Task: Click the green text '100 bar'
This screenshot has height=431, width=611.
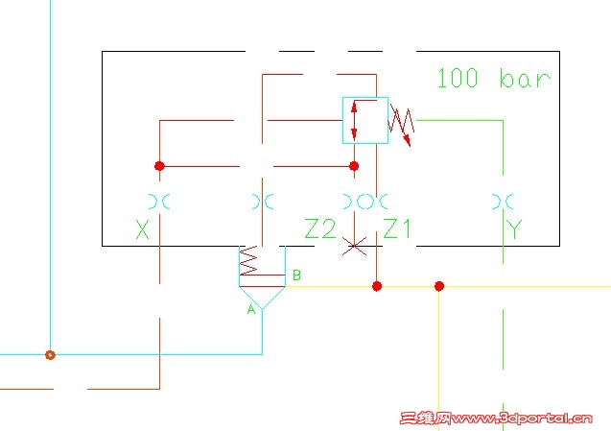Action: (494, 78)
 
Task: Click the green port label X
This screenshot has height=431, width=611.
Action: (144, 229)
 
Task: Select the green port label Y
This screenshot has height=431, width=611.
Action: (515, 229)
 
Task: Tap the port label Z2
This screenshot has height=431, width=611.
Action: (320, 229)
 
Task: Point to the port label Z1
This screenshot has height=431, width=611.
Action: (397, 229)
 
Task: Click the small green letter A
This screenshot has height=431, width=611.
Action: (252, 309)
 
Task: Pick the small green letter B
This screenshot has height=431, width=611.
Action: (296, 275)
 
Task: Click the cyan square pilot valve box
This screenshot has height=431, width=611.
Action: (365, 120)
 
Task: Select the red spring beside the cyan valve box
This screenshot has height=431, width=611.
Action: (402, 122)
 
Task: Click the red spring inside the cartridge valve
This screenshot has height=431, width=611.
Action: (249, 262)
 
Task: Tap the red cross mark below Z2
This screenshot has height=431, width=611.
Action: (355, 247)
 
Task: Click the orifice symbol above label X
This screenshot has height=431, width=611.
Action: (159, 202)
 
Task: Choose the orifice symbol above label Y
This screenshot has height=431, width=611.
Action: (502, 202)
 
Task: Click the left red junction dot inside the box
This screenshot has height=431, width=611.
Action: (159, 166)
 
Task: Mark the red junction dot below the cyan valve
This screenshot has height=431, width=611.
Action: (354, 166)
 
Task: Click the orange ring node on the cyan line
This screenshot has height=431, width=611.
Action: (50, 354)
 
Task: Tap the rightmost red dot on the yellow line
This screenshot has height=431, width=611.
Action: (439, 286)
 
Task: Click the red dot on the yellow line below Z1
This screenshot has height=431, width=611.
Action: (377, 286)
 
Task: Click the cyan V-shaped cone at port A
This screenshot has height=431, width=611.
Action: (262, 297)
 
